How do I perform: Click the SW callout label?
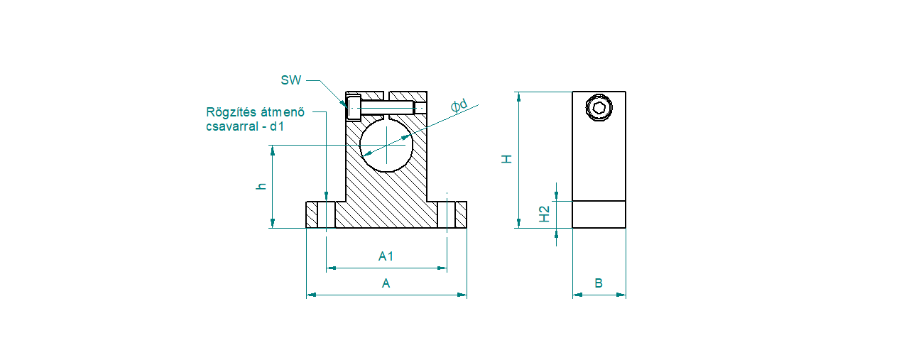[x=290, y=80]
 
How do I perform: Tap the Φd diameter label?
[x=459, y=105]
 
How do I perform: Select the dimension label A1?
[x=386, y=256]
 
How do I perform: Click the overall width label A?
[x=386, y=283]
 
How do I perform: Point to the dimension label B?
[x=599, y=283]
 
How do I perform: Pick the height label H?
[x=506, y=159]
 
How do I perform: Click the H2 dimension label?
[x=544, y=214]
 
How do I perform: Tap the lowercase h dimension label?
[x=261, y=186]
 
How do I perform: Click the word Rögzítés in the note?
[x=228, y=112]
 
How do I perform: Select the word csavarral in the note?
[x=232, y=126]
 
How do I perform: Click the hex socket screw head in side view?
[x=599, y=108]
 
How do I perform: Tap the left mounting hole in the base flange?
[x=327, y=214]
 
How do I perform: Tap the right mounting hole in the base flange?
[x=447, y=214]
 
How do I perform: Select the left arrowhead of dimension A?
[x=311, y=295]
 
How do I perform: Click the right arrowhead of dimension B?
[x=621, y=295]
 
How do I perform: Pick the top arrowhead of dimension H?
[x=518, y=97]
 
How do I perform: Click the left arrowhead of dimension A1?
[x=331, y=268]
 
